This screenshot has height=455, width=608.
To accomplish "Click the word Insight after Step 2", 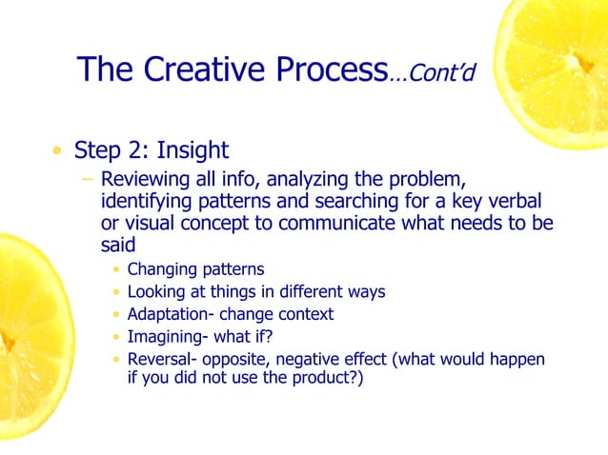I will (x=194, y=150).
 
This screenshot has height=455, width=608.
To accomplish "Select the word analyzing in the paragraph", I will (x=321, y=180).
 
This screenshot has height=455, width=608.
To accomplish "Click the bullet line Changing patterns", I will (x=195, y=269).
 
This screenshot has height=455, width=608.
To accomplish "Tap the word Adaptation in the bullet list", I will (x=169, y=314).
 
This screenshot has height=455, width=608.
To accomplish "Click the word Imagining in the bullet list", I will (x=164, y=336).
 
